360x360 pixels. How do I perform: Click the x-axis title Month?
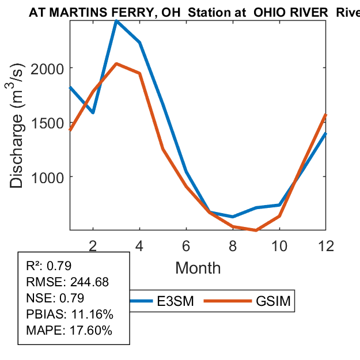pos(198,267)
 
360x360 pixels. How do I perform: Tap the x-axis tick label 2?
pos(93,245)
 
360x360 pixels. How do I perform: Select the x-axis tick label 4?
pos(140,245)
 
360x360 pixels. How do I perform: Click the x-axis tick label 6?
pos(187,245)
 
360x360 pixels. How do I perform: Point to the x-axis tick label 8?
pos(233,245)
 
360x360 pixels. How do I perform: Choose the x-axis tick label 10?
pos(280,245)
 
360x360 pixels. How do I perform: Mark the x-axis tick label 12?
pos(326,245)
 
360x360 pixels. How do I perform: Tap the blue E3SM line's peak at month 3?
pos(116,21)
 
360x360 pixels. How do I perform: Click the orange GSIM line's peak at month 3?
pos(116,64)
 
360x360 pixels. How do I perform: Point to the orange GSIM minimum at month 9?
pos(256,230)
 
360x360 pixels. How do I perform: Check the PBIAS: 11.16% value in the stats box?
pos(70,314)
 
